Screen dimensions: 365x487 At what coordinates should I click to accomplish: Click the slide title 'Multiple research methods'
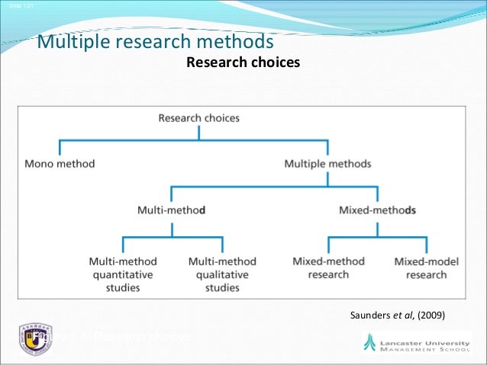click(x=155, y=40)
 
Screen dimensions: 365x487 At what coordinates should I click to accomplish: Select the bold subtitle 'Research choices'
click(x=243, y=62)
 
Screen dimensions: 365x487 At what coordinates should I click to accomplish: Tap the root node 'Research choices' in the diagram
click(x=198, y=118)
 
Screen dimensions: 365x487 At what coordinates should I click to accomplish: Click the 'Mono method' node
click(x=60, y=163)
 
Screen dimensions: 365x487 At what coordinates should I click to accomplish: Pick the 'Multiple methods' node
click(x=327, y=163)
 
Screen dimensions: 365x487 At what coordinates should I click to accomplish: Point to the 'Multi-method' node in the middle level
click(x=171, y=209)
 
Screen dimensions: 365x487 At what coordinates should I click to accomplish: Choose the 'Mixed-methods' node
click(x=377, y=209)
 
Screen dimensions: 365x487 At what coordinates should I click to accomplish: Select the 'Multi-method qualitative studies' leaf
click(x=222, y=274)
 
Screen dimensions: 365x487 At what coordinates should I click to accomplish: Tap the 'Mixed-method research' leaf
click(x=328, y=267)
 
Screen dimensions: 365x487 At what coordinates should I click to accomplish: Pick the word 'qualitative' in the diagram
click(x=222, y=274)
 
